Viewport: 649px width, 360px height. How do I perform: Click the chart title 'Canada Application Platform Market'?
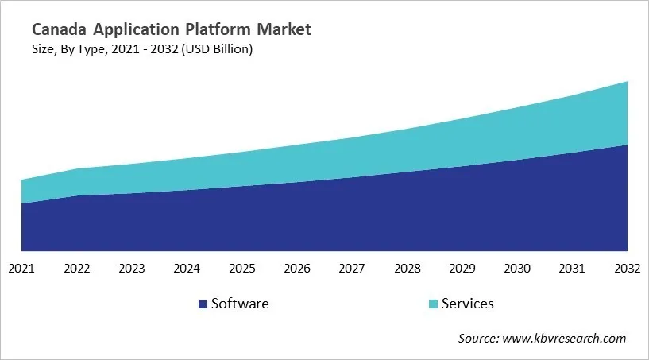(172, 30)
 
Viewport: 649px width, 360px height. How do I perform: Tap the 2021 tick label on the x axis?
(21, 269)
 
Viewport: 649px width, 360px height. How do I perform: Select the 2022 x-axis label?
(77, 269)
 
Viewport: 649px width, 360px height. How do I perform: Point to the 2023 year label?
(132, 269)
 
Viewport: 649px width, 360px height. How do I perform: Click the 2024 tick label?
(187, 269)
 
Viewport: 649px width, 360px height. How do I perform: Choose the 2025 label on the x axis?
(242, 269)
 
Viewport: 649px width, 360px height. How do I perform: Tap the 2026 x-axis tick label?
(297, 269)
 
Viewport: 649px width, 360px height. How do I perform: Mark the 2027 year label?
(352, 269)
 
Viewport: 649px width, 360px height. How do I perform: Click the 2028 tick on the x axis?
(408, 269)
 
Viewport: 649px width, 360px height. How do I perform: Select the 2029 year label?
(462, 269)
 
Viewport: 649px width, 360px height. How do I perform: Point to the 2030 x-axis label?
(517, 269)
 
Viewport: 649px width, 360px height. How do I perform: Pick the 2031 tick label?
(573, 269)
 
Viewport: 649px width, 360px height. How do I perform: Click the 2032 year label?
(627, 269)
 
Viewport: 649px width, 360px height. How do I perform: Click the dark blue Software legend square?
(203, 304)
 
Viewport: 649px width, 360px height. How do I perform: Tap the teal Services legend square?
(432, 304)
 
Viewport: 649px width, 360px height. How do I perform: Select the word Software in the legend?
(240, 304)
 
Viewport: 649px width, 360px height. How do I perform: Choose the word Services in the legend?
(468, 304)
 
